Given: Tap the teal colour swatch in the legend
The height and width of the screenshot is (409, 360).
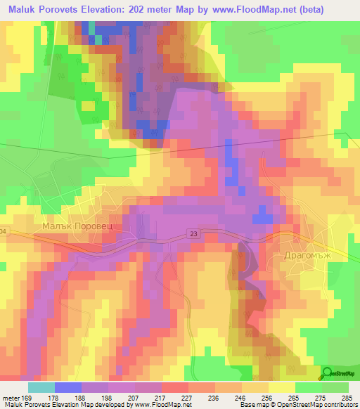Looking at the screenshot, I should coord(41,387).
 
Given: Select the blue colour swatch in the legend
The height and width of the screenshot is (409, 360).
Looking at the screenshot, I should coord(68,387).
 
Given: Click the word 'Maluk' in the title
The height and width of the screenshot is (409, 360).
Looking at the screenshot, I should coord(20,10).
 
